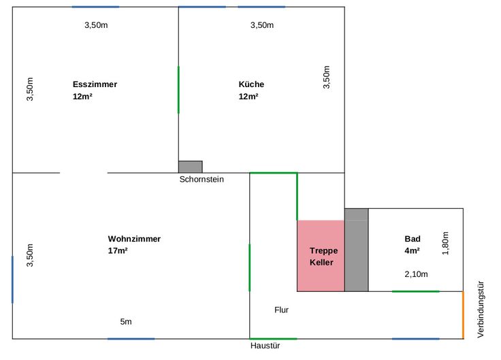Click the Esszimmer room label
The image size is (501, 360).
[x=95, y=84]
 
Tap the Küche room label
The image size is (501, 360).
[x=251, y=84]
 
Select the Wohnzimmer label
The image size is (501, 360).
[x=134, y=239]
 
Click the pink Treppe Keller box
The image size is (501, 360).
[x=321, y=256]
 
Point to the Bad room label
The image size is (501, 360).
[x=413, y=239]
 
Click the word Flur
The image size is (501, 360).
[x=282, y=310]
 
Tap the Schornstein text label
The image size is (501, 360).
[x=201, y=179]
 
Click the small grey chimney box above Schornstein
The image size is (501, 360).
[x=191, y=167]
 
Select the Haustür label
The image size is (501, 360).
[x=265, y=346]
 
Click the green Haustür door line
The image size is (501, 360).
[x=273, y=339]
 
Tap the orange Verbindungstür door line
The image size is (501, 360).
[x=463, y=315]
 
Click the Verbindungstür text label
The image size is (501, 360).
[x=481, y=309]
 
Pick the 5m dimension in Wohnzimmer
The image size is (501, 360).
[x=126, y=322]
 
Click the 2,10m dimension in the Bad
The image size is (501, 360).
[x=416, y=274]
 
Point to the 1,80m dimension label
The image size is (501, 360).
[x=445, y=243]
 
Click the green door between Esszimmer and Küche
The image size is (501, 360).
[x=178, y=90]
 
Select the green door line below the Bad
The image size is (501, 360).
[x=416, y=291]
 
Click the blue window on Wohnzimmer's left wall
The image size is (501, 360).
[x=12, y=280]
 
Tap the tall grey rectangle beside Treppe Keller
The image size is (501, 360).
[x=356, y=250]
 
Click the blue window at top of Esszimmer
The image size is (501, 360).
[x=95, y=7]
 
